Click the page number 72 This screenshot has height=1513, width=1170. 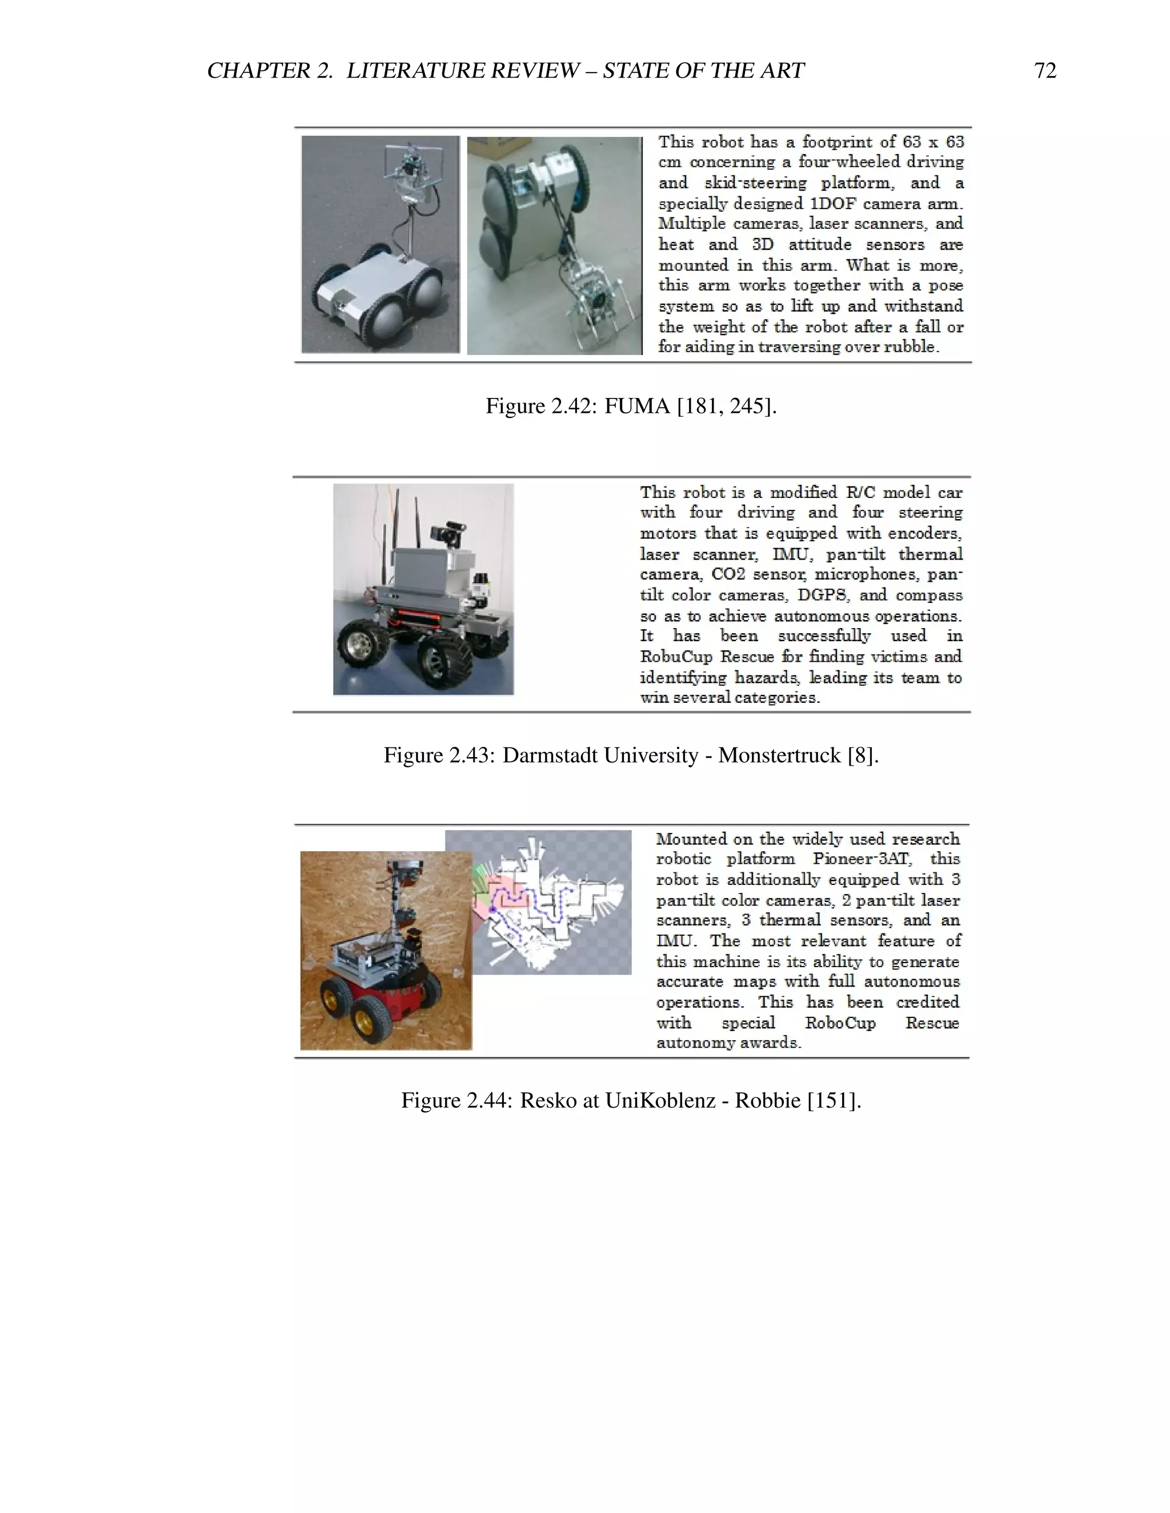tap(1044, 71)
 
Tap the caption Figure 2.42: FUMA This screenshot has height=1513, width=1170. tap(631, 405)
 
